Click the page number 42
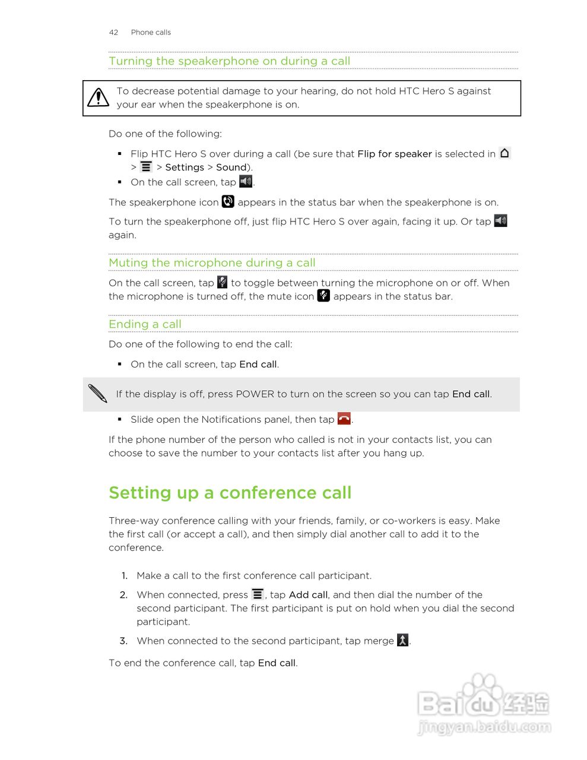click(x=113, y=32)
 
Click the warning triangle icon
click(x=98, y=97)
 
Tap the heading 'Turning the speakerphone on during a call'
click(x=229, y=61)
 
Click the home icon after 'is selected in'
click(x=504, y=153)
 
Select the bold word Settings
click(x=185, y=167)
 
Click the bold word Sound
click(x=231, y=167)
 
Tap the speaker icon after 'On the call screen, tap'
click(x=246, y=181)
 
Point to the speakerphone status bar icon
click(x=228, y=202)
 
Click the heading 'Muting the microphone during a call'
click(x=212, y=263)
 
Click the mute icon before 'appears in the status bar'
click(x=323, y=296)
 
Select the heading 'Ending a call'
click(x=145, y=324)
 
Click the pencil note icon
click(x=97, y=394)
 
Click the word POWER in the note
click(x=255, y=394)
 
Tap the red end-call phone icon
click(x=344, y=419)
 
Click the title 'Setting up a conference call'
click(x=230, y=493)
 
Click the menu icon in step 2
click(x=258, y=594)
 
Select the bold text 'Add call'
click(x=308, y=595)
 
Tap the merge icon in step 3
click(x=402, y=640)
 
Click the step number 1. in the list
click(x=125, y=576)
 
